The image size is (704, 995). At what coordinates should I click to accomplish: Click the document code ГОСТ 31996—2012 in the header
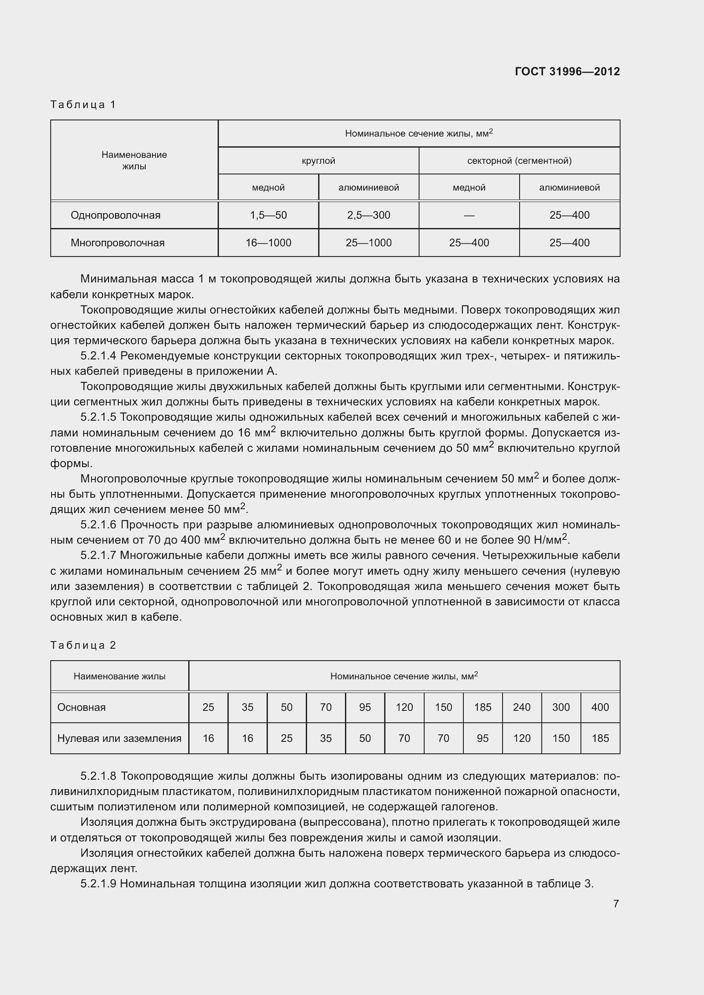pyautogui.click(x=567, y=71)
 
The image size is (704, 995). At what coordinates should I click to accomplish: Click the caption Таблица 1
pyautogui.click(x=83, y=105)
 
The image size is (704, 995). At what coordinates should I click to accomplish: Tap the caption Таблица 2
pyautogui.click(x=83, y=645)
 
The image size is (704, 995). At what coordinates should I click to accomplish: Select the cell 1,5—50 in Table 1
pyautogui.click(x=268, y=215)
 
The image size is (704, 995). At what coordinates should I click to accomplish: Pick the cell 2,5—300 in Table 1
pyautogui.click(x=368, y=215)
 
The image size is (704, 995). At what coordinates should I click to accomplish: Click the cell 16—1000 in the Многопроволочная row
pyautogui.click(x=268, y=242)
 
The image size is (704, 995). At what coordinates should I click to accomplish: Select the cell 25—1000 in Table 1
pyautogui.click(x=368, y=242)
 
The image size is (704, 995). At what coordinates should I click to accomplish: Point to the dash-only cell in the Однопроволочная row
pyautogui.click(x=469, y=215)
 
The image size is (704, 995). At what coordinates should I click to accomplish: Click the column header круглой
pyautogui.click(x=319, y=161)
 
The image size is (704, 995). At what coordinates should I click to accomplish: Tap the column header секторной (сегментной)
pyautogui.click(x=519, y=161)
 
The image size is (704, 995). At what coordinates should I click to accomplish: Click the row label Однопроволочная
pyautogui.click(x=115, y=215)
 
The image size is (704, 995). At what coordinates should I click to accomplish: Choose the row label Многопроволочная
pyautogui.click(x=118, y=242)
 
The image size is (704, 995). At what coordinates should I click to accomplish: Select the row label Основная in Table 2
pyautogui.click(x=81, y=707)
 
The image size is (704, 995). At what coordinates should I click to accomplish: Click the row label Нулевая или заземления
pyautogui.click(x=119, y=738)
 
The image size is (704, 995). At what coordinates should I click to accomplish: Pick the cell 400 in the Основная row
pyautogui.click(x=600, y=707)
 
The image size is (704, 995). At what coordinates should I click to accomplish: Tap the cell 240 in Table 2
pyautogui.click(x=521, y=707)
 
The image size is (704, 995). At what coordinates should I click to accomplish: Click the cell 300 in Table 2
pyautogui.click(x=561, y=707)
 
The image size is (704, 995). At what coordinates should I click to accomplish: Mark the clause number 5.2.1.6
pyautogui.click(x=98, y=525)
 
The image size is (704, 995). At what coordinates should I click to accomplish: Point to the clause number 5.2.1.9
pyautogui.click(x=98, y=884)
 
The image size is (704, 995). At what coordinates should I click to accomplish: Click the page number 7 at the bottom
pyautogui.click(x=615, y=904)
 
